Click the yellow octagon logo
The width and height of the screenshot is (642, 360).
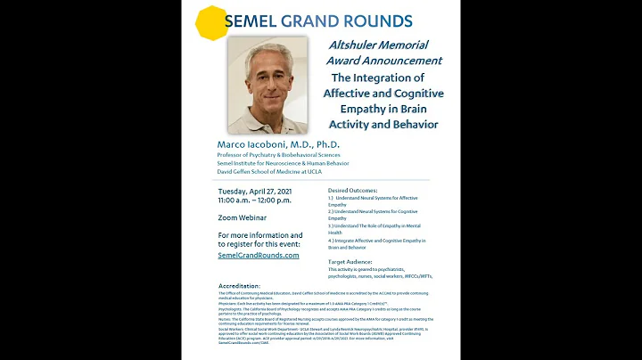pyautogui.click(x=212, y=22)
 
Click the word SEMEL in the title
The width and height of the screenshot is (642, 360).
pyautogui.click(x=253, y=20)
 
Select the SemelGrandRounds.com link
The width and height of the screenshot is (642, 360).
pyautogui.click(x=259, y=255)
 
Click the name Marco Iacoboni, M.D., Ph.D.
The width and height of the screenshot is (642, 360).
pyautogui.click(x=278, y=143)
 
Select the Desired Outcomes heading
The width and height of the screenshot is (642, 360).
pyautogui.click(x=353, y=190)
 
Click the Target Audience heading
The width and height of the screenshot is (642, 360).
pyautogui.click(x=350, y=261)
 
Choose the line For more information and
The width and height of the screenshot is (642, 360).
pyautogui.click(x=260, y=234)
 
